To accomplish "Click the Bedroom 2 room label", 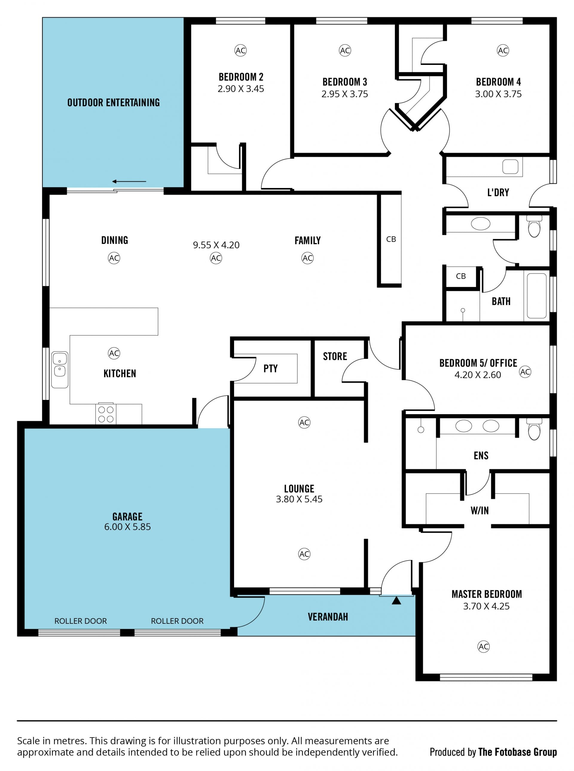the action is (x=241, y=77).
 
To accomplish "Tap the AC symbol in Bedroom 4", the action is (x=503, y=50).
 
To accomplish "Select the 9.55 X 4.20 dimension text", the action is (x=216, y=245).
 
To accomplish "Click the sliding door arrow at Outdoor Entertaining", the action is (x=129, y=181).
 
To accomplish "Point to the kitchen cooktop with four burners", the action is (x=106, y=414).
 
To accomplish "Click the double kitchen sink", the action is (x=60, y=369).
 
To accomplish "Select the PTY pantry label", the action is (x=270, y=368).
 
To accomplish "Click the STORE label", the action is (x=335, y=356).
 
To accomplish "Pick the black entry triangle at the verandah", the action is (x=396, y=601).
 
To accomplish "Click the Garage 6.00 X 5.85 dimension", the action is (x=128, y=526).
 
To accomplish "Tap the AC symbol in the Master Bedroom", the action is (x=484, y=646).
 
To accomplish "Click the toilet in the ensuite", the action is (x=534, y=430).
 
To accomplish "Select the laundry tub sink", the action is (x=510, y=167).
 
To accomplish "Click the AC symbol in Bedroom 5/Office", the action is (x=525, y=372).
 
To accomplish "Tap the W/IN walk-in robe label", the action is (x=480, y=511).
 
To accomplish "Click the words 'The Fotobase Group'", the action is (x=517, y=752).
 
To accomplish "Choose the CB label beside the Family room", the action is (x=391, y=239).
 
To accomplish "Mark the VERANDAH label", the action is (x=328, y=617).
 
